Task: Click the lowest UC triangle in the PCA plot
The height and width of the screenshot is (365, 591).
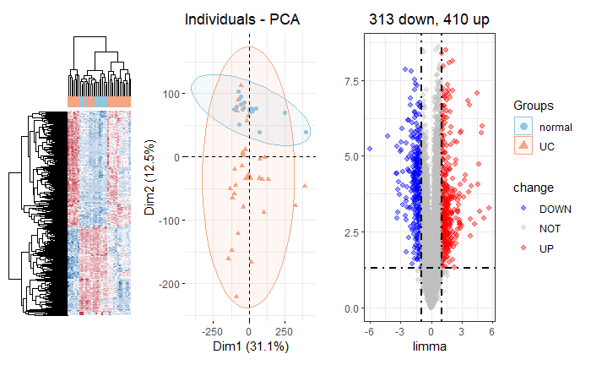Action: pos(236,296)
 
